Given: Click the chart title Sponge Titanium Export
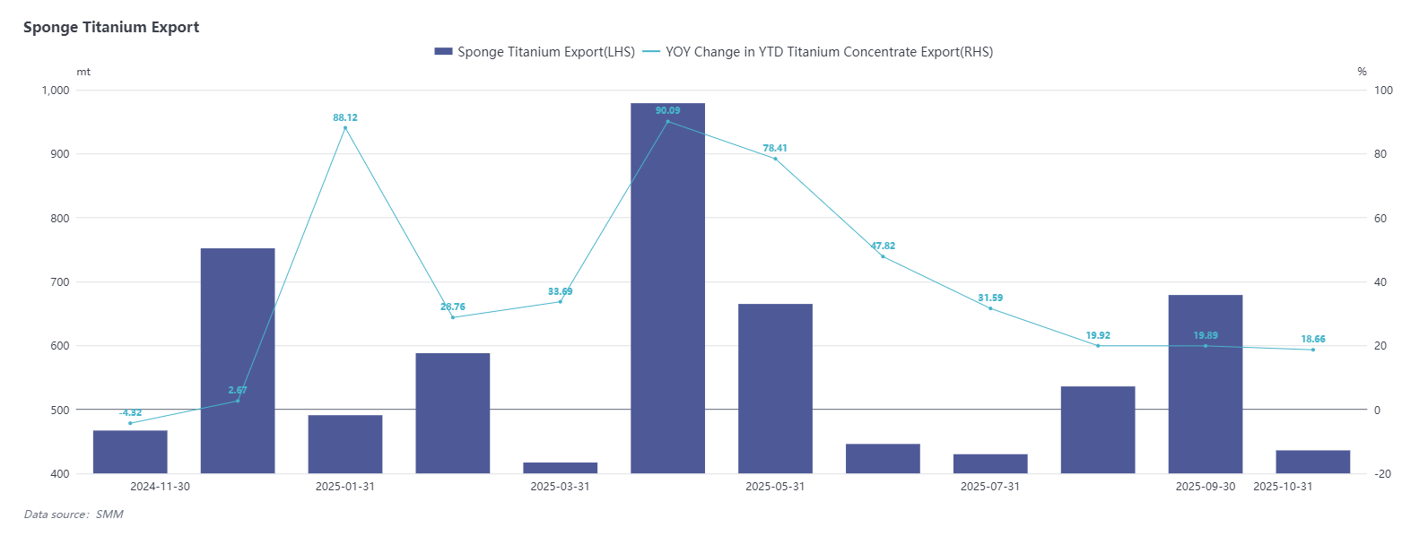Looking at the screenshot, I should point(111,27).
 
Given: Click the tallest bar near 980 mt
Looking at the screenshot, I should point(667,287).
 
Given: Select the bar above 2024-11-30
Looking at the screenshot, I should point(130,452).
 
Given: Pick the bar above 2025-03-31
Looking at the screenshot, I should point(561,468).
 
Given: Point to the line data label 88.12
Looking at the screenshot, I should point(345,117).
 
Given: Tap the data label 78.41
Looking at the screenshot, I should point(775,148).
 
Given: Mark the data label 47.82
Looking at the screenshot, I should point(883,246).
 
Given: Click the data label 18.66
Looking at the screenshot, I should point(1313,339).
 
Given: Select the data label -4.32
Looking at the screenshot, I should point(131,413).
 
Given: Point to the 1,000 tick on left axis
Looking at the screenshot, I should point(56,90).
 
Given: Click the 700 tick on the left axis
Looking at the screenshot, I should point(60,282).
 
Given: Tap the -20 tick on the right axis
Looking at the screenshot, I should point(1383,474).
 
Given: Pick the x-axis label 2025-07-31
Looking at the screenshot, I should point(990,487).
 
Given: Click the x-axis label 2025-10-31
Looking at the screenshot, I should point(1283,487).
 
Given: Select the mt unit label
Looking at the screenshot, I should point(83,72).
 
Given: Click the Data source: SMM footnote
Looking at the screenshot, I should point(74,514).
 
